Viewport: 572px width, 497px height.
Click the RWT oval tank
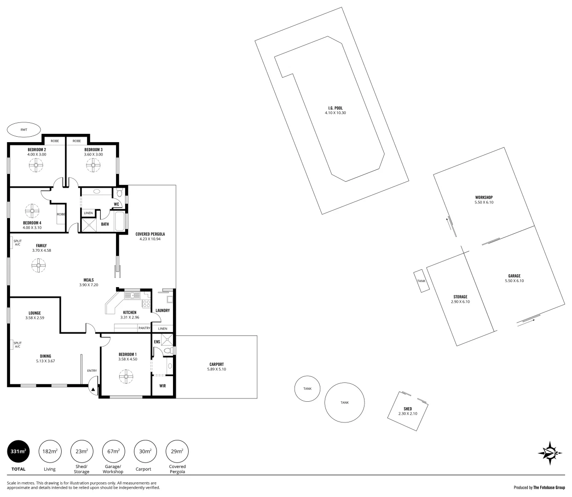coord(24,130)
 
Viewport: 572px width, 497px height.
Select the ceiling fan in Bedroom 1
coord(126,377)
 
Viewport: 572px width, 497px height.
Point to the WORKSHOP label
coord(484,197)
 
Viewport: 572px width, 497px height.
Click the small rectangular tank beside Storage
coord(422,281)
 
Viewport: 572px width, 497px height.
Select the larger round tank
coord(345,402)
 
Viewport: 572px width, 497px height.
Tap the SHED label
coord(408,409)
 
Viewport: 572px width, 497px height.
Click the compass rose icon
coord(550,453)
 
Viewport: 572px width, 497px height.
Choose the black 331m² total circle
coord(18,451)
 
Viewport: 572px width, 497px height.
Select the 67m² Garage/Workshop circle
coord(113,451)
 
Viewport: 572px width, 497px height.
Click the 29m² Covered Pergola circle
coord(177,451)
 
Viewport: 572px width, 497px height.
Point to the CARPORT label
coord(216,364)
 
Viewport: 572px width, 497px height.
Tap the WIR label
coord(162,386)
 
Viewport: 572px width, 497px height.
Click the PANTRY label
coord(144,328)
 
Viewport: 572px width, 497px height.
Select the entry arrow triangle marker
coord(93,389)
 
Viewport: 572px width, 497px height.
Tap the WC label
coord(116,204)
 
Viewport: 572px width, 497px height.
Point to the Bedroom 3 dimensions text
coord(93,155)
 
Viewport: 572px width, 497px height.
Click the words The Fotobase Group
coord(549,487)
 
